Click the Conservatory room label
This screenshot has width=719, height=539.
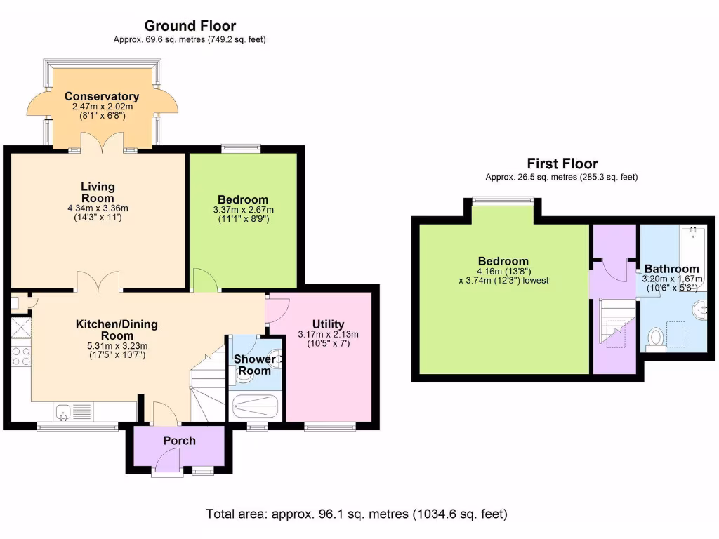tap(102, 96)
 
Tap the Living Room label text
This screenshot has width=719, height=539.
tap(98, 192)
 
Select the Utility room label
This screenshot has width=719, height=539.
tap(328, 324)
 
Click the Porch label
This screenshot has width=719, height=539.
tap(179, 441)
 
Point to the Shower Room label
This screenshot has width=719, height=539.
tap(254, 364)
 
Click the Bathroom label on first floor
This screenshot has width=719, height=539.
tap(671, 269)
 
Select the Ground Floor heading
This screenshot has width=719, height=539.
tap(190, 27)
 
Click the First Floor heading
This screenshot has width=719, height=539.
tap(562, 164)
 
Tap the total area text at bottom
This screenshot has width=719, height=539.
tap(356, 514)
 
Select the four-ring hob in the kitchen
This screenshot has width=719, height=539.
tap(20, 356)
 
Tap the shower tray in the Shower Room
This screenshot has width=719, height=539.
tap(255, 406)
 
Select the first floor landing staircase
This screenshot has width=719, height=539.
tap(616, 323)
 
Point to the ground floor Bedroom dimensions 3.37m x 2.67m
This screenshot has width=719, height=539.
tap(243, 209)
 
